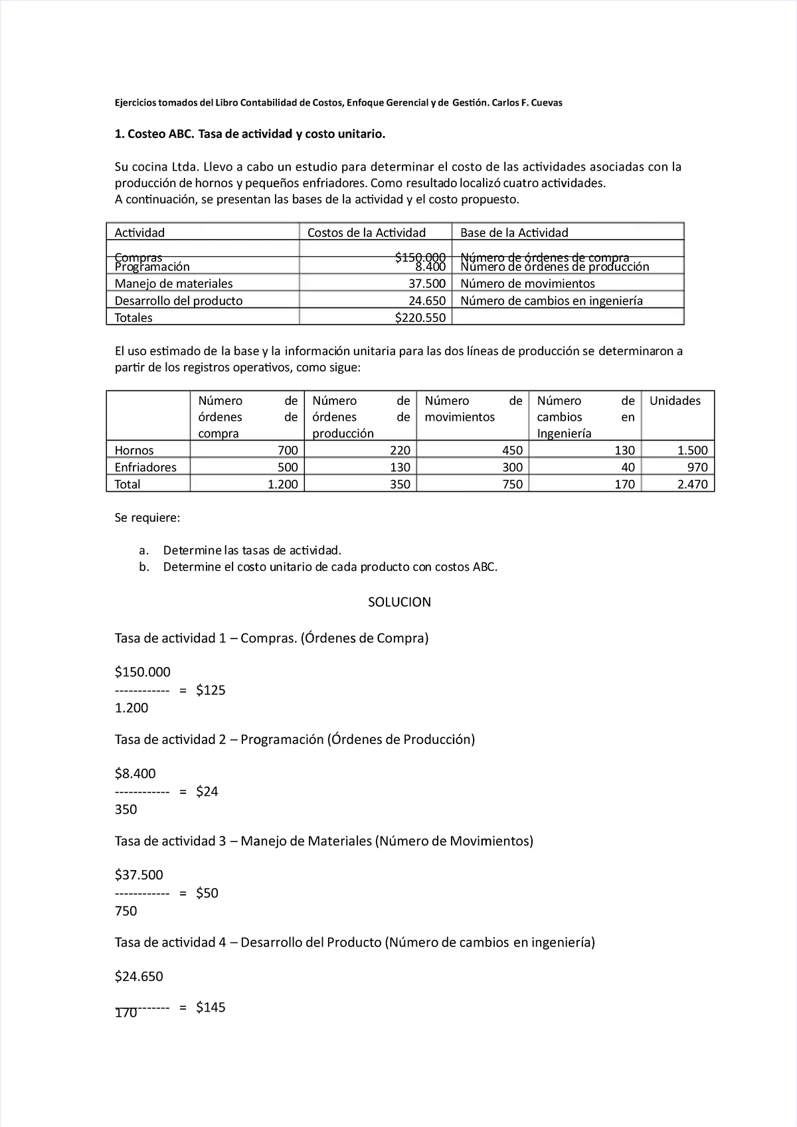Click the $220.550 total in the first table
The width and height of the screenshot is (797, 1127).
click(x=420, y=318)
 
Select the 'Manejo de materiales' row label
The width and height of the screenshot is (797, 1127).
click(x=173, y=283)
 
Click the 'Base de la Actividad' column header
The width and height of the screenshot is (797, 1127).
click(x=514, y=232)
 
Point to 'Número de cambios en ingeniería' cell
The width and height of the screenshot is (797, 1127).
click(x=551, y=301)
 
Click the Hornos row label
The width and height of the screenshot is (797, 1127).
click(x=134, y=451)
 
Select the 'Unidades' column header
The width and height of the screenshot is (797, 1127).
click(x=675, y=401)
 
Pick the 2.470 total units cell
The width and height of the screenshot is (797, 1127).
click(x=692, y=485)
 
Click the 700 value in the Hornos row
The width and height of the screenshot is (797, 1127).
click(x=288, y=451)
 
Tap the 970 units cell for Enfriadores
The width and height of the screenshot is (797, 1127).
click(x=697, y=467)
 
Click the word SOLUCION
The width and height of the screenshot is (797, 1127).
click(x=399, y=602)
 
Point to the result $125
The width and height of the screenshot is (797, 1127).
click(x=211, y=690)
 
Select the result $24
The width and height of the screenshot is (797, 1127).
click(x=207, y=791)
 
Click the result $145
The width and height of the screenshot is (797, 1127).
click(x=211, y=1008)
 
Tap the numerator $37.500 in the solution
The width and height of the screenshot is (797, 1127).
click(x=139, y=875)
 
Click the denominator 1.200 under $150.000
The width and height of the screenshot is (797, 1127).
click(x=132, y=708)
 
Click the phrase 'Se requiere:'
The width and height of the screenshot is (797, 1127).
click(x=147, y=518)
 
